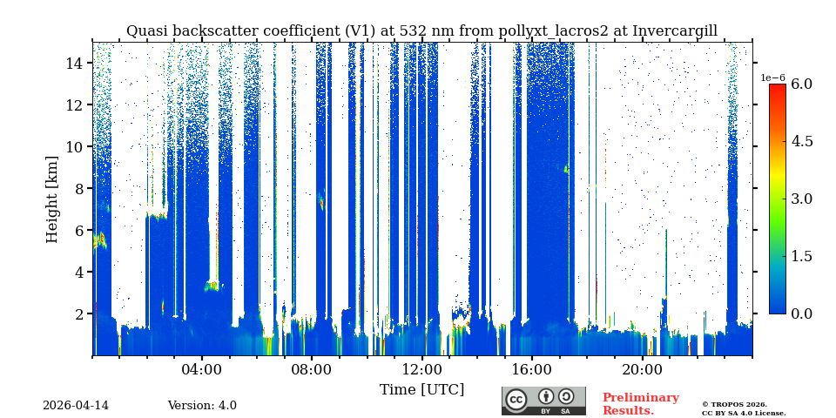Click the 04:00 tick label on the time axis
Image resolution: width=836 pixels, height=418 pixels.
pos(201,370)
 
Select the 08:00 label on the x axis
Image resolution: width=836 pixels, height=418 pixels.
pos(311,370)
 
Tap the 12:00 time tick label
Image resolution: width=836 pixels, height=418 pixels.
pos(421,370)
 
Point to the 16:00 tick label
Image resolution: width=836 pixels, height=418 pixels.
pos(531,370)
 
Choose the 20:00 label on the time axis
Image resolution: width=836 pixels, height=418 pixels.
pos(642,370)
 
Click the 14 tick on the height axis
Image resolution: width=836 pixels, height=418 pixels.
pos(74,63)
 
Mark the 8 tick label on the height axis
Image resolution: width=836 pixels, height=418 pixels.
pos(78,188)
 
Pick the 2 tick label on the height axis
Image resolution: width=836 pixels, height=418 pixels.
pos(78,313)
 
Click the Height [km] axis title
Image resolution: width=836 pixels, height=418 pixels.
pos(52,199)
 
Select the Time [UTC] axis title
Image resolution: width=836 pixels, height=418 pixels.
pos(421,389)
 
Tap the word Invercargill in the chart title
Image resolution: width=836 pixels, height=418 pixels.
pos(675,31)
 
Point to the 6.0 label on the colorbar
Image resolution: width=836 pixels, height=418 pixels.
pos(801,84)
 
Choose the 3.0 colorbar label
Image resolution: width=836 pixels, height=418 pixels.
pos(801,199)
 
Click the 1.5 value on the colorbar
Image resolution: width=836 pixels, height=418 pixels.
pos(801,256)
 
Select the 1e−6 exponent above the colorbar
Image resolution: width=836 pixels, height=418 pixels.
pos(772,78)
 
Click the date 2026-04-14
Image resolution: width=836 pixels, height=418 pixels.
pos(76,406)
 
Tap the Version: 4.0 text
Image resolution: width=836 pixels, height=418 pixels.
pos(202,406)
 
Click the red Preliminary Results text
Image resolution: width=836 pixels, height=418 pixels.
pos(640,404)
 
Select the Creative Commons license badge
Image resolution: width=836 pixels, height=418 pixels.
pos(543,401)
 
